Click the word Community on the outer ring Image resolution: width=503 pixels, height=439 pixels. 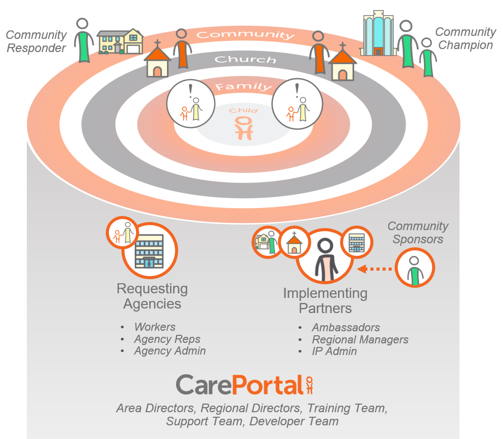245,35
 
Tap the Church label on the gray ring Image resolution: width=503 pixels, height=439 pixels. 245,60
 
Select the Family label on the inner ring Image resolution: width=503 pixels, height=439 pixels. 244,87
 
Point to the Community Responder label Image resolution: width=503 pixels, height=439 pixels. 36,41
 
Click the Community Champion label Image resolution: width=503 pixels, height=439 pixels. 465,38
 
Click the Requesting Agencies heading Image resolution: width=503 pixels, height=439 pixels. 152,296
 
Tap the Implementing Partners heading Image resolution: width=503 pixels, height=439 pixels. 325,300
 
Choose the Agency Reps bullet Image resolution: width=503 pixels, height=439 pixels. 167,339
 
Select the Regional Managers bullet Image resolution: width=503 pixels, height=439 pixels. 360,339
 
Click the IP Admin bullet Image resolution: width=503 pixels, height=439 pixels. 334,352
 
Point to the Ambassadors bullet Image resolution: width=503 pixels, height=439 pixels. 346,327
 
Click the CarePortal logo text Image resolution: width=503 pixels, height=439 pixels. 239,385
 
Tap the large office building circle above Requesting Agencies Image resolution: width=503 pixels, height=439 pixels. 149,250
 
